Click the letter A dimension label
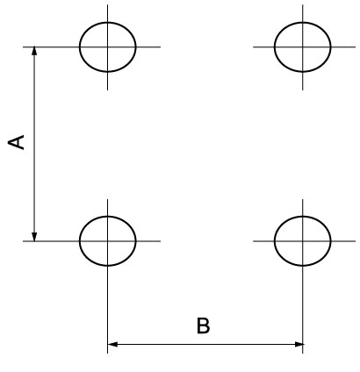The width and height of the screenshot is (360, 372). [x=16, y=142]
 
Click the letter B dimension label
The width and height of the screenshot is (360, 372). [x=203, y=325]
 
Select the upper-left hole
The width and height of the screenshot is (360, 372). [x=80, y=46]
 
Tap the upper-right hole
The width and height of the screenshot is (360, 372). [x=275, y=46]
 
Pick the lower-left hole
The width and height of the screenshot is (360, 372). [x=80, y=241]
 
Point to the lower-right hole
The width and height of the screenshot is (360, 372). [x=275, y=241]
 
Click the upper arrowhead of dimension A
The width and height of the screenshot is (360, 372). [x=34, y=51]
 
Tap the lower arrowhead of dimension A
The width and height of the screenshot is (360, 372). [x=34, y=237]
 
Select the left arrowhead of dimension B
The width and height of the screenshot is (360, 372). [x=112, y=344]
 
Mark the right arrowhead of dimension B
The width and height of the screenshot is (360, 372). [x=299, y=344]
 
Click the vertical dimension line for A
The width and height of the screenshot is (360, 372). [x=34, y=144]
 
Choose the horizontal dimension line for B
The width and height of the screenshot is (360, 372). [x=205, y=344]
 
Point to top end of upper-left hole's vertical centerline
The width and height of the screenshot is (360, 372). [x=107, y=5]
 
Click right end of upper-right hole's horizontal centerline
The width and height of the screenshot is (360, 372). [x=356, y=46]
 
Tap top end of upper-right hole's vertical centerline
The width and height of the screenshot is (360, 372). [x=303, y=5]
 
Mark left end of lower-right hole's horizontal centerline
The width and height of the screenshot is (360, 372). [x=254, y=241]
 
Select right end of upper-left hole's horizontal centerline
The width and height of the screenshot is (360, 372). [x=160, y=46]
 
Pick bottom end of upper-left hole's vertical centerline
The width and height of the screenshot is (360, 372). [x=107, y=89]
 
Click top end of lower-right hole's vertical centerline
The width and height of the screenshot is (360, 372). [x=303, y=200]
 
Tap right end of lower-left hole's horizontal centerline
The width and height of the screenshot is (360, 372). [x=160, y=241]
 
